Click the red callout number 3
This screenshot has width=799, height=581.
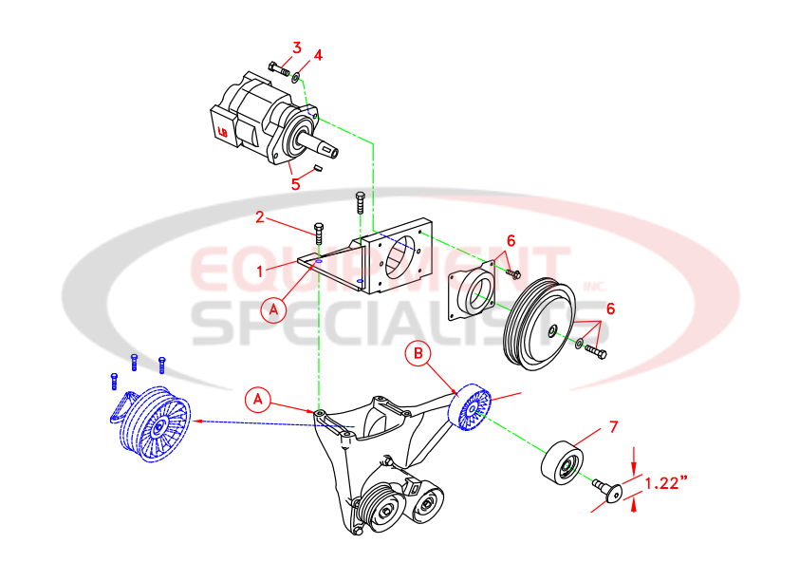click(297, 47)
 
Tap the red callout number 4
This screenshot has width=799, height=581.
click(319, 54)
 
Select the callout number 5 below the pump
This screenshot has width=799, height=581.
click(296, 184)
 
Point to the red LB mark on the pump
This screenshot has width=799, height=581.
click(223, 132)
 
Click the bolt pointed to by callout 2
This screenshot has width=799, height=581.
click(320, 232)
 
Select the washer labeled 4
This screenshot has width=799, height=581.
click(297, 74)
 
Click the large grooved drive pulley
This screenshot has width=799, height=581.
click(540, 321)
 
